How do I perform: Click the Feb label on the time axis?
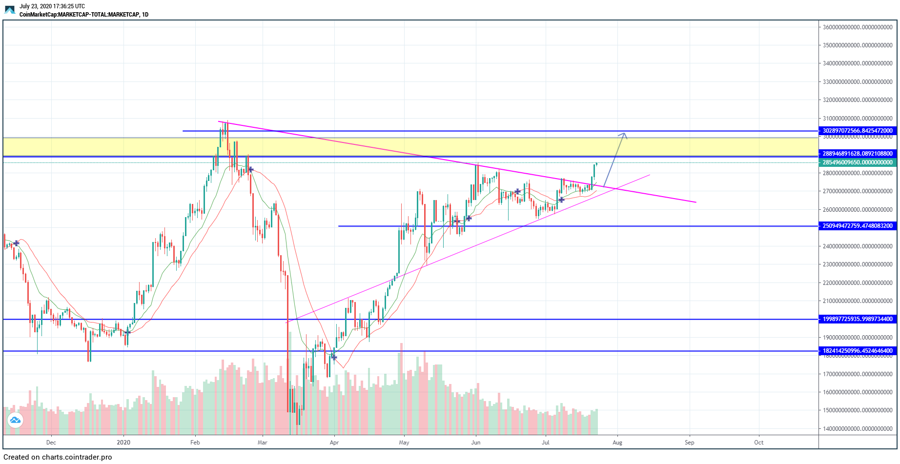click(195, 443)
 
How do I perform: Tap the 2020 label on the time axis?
click(123, 443)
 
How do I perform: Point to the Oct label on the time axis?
click(758, 443)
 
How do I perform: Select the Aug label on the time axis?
click(617, 443)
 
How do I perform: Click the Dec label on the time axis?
click(51, 443)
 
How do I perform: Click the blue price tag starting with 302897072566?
click(858, 131)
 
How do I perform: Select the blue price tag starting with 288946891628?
click(858, 154)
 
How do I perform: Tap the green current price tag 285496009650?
click(858, 162)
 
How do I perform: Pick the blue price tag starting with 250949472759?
click(858, 226)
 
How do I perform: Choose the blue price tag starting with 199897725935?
click(858, 319)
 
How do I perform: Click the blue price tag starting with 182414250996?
click(858, 351)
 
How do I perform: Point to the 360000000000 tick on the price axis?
click(858, 27)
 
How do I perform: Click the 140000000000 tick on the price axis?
click(858, 429)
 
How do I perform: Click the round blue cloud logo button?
click(15, 420)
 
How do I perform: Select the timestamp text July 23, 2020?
click(52, 6)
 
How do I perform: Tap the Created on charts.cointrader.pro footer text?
click(58, 457)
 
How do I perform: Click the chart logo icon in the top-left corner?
click(10, 10)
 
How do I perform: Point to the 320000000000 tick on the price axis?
click(858, 100)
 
